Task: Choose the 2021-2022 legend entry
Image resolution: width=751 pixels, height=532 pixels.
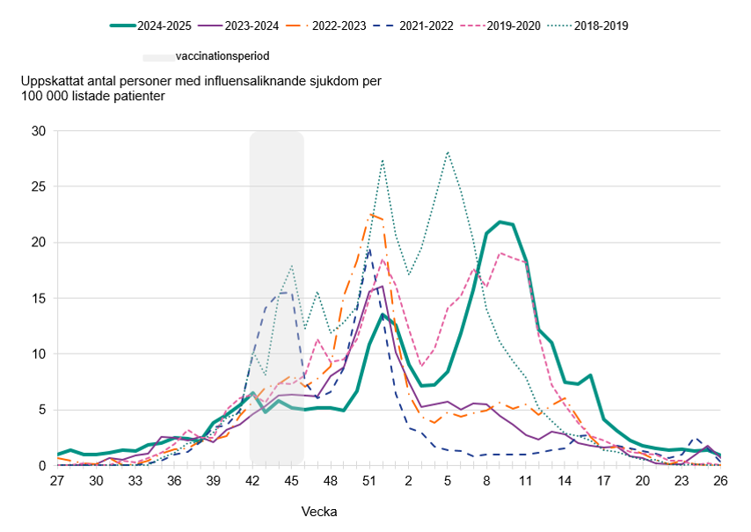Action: click(427, 26)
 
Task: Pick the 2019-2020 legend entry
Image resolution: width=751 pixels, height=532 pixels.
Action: click(514, 26)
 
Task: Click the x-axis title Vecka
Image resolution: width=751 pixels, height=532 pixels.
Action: click(319, 511)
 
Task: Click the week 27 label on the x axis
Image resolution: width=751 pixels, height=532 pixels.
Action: click(57, 481)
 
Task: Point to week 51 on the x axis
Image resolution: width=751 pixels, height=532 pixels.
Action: click(369, 481)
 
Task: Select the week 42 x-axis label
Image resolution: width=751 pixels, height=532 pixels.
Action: click(252, 481)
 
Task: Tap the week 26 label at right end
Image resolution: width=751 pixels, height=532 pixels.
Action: click(720, 481)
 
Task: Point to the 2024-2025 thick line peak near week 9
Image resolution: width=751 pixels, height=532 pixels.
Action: click(500, 222)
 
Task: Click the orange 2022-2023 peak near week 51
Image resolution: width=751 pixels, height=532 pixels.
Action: click(371, 214)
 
